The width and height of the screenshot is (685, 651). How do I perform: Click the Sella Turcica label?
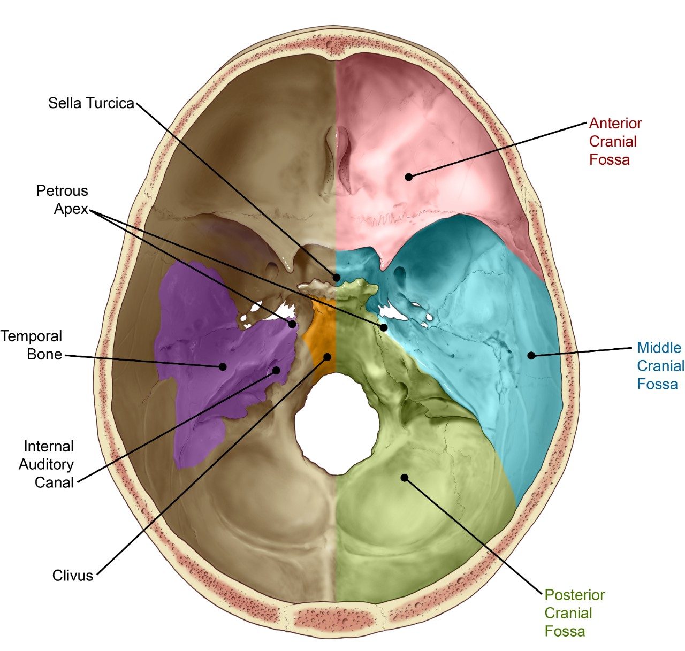point(91,103)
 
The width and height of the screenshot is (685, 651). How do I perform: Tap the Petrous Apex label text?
point(62,200)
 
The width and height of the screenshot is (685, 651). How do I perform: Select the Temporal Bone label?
point(32,345)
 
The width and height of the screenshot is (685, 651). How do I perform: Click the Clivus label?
point(73,576)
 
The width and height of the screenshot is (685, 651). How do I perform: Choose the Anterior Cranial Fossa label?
point(615,141)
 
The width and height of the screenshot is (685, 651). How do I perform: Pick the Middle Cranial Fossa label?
point(660,366)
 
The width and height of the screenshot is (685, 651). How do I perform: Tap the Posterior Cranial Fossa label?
point(574,613)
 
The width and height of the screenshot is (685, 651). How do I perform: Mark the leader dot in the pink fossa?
point(409,177)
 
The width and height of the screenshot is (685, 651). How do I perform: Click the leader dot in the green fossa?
point(405,477)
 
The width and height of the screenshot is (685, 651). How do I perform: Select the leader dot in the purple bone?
point(222,366)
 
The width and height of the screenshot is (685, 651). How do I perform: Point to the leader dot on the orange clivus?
point(327,356)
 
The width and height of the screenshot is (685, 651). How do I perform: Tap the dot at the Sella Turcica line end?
point(337,278)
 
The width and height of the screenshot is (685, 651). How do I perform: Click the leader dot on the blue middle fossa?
point(531,355)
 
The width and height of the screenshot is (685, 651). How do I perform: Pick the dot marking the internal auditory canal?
point(277,370)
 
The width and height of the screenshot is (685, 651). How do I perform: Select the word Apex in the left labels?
point(71,209)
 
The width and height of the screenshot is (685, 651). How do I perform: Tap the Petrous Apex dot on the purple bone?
point(293,324)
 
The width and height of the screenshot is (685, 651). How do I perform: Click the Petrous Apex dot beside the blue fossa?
point(384,327)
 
